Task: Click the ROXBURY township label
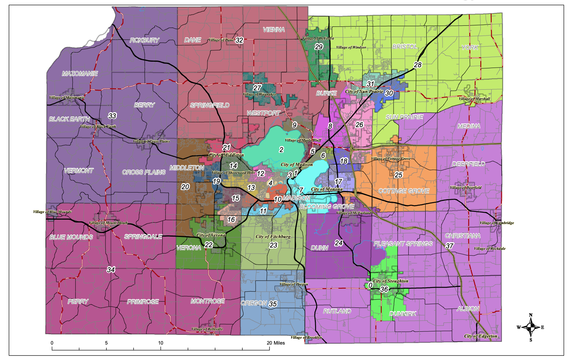point(144,40)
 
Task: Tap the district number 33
point(112,116)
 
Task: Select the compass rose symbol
point(531,327)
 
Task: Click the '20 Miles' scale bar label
point(275,343)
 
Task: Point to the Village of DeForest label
point(318,38)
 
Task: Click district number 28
point(418,65)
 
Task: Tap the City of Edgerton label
point(481,336)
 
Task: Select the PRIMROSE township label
point(143,302)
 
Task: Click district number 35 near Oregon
point(273,304)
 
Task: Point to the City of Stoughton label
point(391,281)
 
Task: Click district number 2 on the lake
point(281,150)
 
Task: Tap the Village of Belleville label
point(207,329)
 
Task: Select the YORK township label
point(470,47)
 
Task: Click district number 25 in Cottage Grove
point(399,175)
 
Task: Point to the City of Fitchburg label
point(273,237)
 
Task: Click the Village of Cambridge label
point(496,223)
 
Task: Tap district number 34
point(111,270)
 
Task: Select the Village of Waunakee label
point(259,94)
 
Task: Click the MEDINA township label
point(469,126)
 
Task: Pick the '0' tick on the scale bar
point(52,343)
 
